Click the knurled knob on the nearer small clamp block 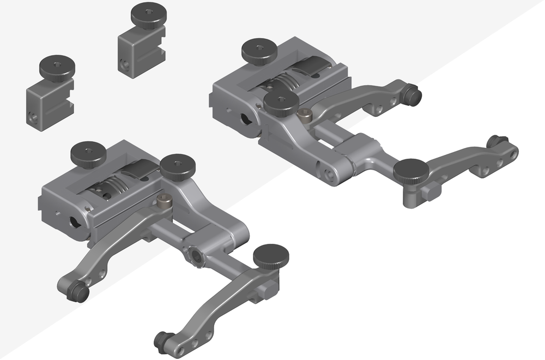tap(57, 67)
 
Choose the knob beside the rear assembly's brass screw tap(281, 102)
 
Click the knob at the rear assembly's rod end tap(411, 171)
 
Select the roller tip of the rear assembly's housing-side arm tap(414, 96)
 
